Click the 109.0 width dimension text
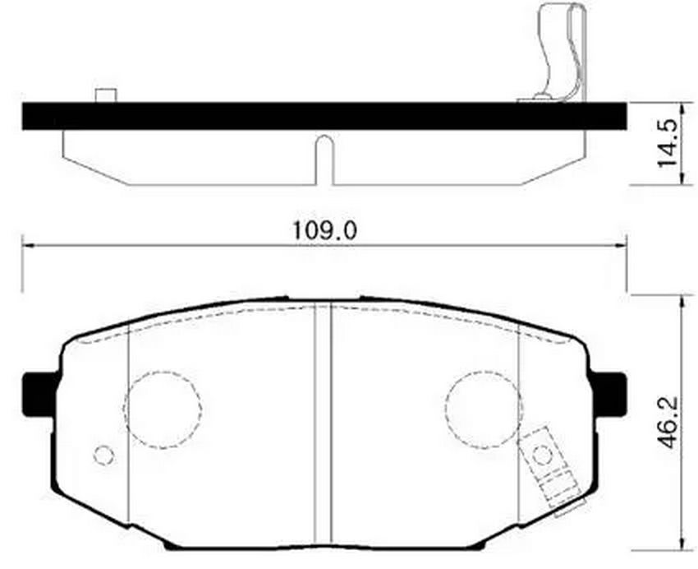point(324,230)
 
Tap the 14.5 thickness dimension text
point(668,143)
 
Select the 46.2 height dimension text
point(668,423)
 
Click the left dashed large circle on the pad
point(163,409)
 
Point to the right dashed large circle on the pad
point(484,409)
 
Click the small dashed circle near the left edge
point(104,456)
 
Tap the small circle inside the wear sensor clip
point(543,455)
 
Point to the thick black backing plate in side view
point(324,116)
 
